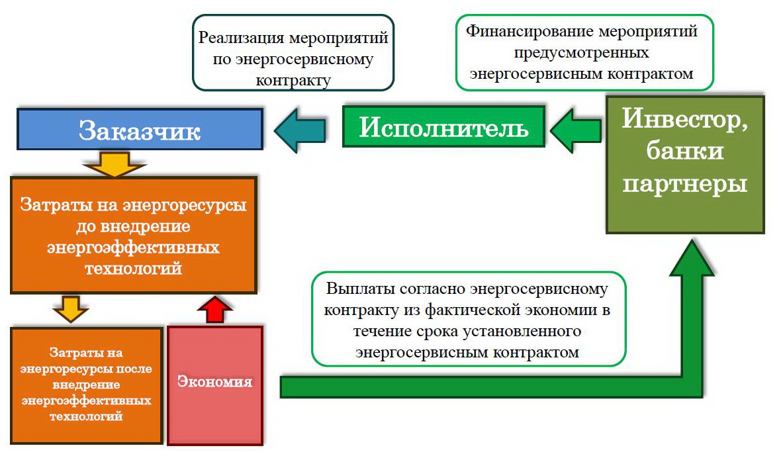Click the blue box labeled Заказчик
pos(139,130)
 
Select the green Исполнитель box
pos(443,127)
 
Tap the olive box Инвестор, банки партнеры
pos(685,165)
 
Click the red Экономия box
pos(215,383)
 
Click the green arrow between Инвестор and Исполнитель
pos(576,128)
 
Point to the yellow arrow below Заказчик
pos(113,163)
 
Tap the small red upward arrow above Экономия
pos(215,309)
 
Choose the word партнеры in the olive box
pos(684,183)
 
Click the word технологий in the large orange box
pos(134,269)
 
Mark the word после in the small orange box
pos(134,369)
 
